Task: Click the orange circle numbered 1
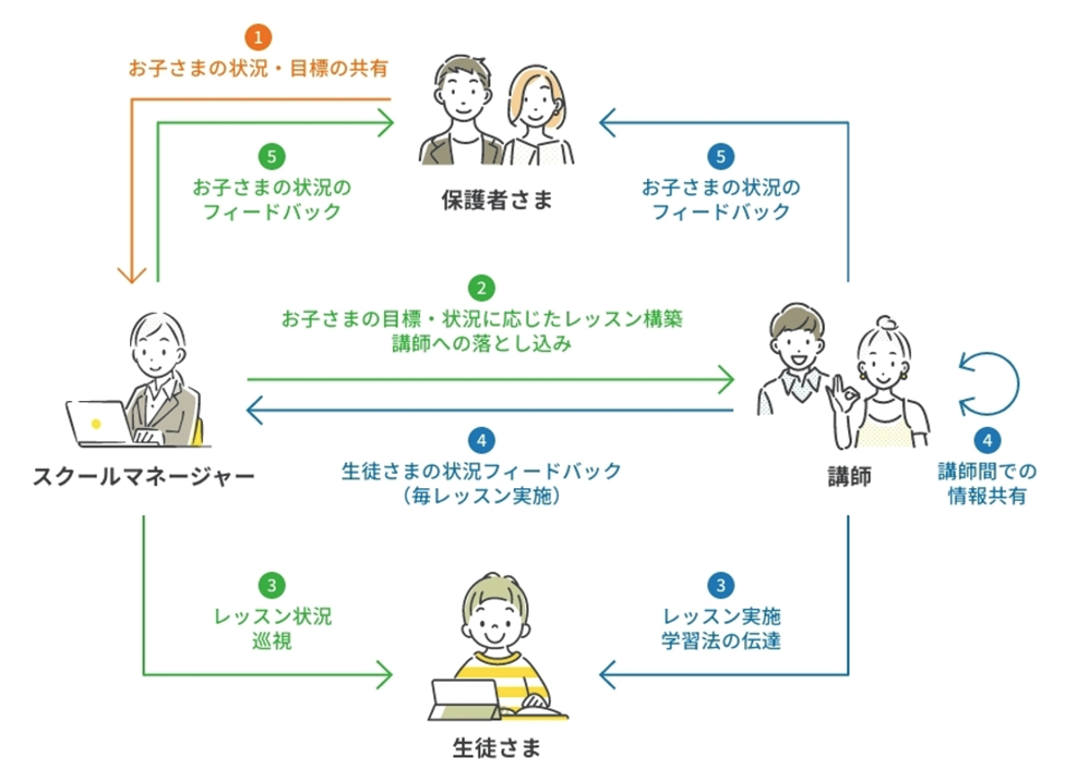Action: (258, 39)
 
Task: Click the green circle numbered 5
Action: (272, 157)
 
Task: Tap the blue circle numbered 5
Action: (721, 157)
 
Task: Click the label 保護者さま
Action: (496, 200)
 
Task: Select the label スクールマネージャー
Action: (143, 476)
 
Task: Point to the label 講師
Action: (848, 476)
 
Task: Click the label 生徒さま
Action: (496, 746)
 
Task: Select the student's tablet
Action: (465, 698)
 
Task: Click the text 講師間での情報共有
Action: (987, 484)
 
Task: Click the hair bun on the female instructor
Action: (888, 324)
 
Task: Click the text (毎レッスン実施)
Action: (482, 495)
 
